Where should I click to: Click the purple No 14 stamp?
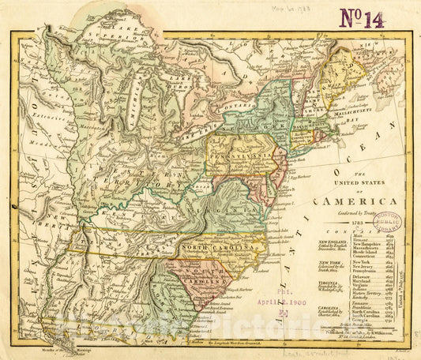[361, 17]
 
